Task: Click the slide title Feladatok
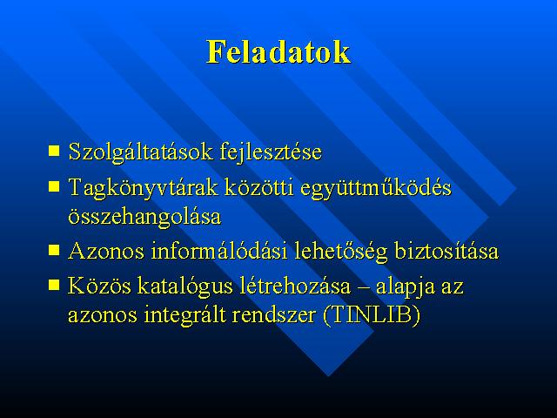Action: point(278,52)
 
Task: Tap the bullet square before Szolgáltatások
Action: point(54,151)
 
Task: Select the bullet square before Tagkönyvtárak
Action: point(54,186)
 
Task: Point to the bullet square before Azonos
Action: point(54,250)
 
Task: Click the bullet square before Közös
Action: point(54,285)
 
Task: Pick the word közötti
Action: point(259,187)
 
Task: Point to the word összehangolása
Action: point(144,217)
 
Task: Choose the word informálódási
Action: point(219,251)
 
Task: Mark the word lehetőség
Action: point(341,253)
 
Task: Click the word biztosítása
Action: point(446,251)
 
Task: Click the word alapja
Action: point(406,287)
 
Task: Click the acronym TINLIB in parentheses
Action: point(372,315)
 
